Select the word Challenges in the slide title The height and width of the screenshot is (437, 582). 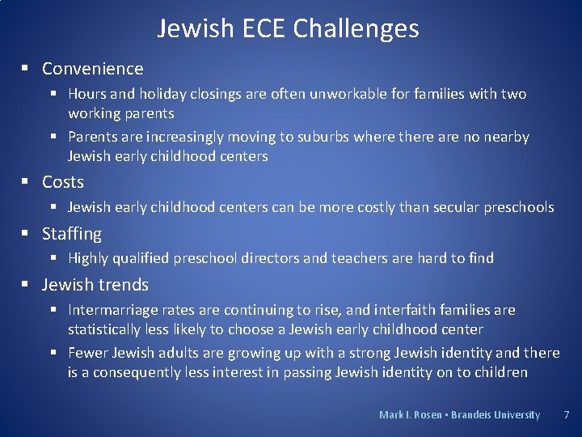point(356,29)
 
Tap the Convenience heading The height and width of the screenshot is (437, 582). point(92,69)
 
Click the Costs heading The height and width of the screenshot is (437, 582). point(63,182)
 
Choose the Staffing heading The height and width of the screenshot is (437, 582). point(72,234)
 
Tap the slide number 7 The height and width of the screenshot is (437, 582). point(566,415)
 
